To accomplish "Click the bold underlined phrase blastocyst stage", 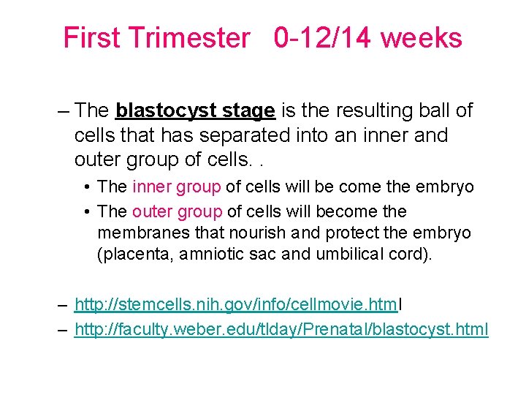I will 195,111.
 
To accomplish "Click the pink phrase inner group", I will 176,187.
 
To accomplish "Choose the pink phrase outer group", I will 177,211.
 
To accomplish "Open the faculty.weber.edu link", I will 281,330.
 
